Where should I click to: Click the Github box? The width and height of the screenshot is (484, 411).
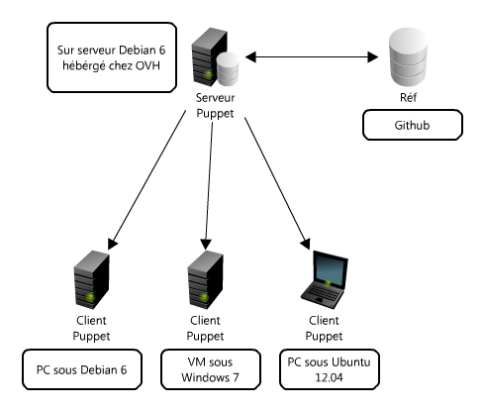(413, 125)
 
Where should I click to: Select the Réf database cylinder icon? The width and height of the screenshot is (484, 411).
(408, 57)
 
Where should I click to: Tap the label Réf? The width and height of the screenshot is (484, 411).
(408, 97)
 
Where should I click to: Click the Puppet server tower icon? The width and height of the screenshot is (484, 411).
(209, 56)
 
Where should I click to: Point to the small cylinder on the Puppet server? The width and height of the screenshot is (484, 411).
(228, 68)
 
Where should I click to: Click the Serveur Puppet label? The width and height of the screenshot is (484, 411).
(215, 105)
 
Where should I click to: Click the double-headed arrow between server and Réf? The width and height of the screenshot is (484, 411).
(312, 56)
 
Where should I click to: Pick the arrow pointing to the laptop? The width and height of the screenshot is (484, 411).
(277, 183)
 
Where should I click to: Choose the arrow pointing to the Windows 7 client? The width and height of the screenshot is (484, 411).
(209, 186)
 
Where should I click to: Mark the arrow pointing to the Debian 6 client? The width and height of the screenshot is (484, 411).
(146, 180)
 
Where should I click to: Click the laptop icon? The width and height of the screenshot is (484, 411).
(325, 279)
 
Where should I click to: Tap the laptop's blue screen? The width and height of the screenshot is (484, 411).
(329, 269)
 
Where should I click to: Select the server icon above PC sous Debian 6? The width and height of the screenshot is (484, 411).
(91, 279)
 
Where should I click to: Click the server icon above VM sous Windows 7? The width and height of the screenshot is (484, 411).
(206, 279)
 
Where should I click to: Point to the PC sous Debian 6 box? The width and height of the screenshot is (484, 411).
(82, 369)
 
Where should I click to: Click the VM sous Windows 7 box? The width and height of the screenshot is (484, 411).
(211, 369)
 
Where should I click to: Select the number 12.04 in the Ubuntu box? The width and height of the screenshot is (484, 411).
(329, 377)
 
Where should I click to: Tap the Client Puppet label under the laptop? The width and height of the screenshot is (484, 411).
(324, 328)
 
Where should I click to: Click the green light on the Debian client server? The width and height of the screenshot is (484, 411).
(90, 298)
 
